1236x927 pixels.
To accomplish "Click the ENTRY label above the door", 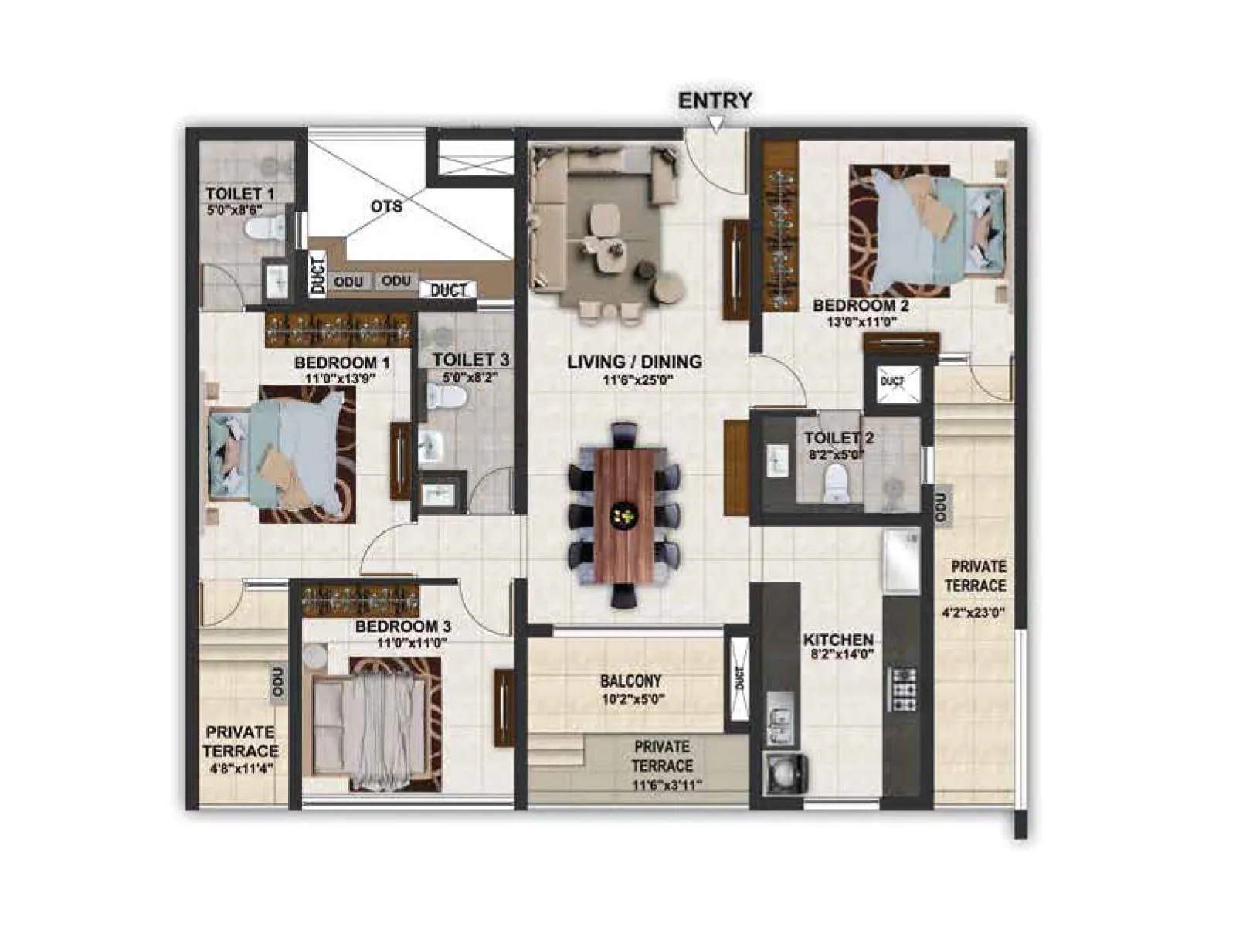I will pos(715,100).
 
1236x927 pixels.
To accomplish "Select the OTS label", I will pos(386,206).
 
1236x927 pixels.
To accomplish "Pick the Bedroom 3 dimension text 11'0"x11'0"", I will pos(412,643).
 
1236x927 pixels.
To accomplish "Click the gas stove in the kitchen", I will pos(902,689).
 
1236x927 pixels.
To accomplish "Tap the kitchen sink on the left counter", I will pos(780,718).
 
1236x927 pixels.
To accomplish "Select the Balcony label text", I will pos(630,681).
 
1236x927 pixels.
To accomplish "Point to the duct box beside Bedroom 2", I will pos(892,382).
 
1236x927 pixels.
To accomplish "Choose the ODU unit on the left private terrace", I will pos(278,683).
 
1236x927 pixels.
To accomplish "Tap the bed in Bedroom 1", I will pos(282,454).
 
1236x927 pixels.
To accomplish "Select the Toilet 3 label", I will pos(470,359).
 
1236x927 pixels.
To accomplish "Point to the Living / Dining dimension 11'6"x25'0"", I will pos(634,380).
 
